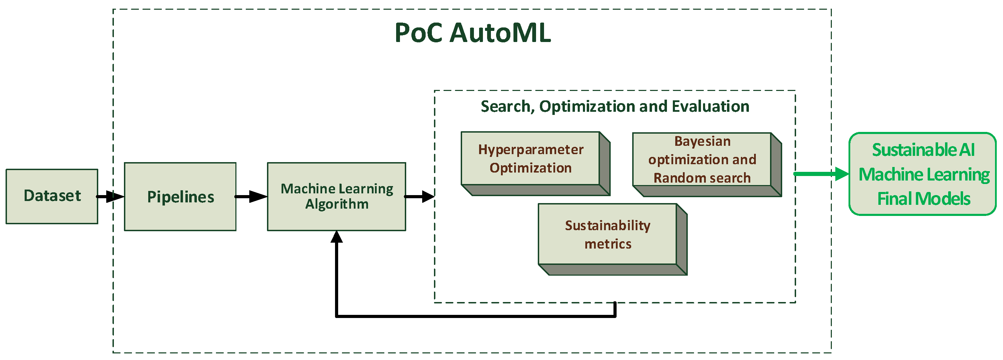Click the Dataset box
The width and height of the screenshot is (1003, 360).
pos(52,196)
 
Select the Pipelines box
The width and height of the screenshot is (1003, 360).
pos(180,196)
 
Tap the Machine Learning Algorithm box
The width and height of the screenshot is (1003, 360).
pos(336,196)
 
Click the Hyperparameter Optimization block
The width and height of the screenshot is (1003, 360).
pos(530,158)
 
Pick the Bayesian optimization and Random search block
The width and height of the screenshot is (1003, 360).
pos(702,159)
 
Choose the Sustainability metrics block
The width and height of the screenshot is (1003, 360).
pos(608,234)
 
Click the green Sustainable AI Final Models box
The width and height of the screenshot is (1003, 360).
pos(923,174)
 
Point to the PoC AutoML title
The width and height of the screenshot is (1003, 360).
pos(473,33)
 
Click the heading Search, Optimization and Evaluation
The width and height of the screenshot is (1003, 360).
pos(615,106)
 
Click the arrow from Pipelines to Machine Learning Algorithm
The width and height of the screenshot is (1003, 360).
pos(251,196)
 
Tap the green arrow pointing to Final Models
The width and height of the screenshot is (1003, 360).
pos(821,174)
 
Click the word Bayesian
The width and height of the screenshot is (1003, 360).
pos(702,141)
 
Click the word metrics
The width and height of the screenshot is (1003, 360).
pos(608,244)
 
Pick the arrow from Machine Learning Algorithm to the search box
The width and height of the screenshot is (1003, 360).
pos(420,196)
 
